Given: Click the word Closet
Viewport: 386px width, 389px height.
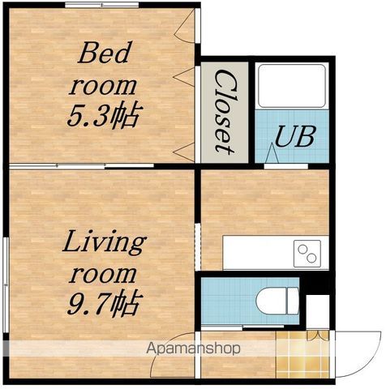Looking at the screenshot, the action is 224,113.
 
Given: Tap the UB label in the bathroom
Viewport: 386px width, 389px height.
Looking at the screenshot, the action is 295,136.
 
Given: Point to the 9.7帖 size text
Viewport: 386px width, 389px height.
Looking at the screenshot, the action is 105,304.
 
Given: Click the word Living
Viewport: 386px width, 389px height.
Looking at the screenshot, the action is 105,243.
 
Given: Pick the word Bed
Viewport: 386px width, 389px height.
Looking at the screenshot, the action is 104,53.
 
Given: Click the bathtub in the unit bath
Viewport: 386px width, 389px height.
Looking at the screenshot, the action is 292,86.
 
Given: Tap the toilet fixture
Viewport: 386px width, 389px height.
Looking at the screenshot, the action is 277,301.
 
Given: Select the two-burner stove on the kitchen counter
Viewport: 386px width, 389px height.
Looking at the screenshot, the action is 307,254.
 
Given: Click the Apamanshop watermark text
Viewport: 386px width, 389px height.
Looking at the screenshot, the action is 193,348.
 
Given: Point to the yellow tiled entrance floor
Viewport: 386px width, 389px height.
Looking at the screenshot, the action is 302,355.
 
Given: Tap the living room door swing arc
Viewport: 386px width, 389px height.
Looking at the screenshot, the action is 168,348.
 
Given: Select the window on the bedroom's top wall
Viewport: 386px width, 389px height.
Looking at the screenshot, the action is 102,5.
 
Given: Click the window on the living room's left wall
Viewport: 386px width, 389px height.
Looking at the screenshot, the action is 6,285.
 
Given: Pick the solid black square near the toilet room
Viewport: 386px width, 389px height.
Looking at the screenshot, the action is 318,286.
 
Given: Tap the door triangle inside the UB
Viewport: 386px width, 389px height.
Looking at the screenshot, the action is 272,153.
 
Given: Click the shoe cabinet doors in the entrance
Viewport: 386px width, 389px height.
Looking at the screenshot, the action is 318,335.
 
